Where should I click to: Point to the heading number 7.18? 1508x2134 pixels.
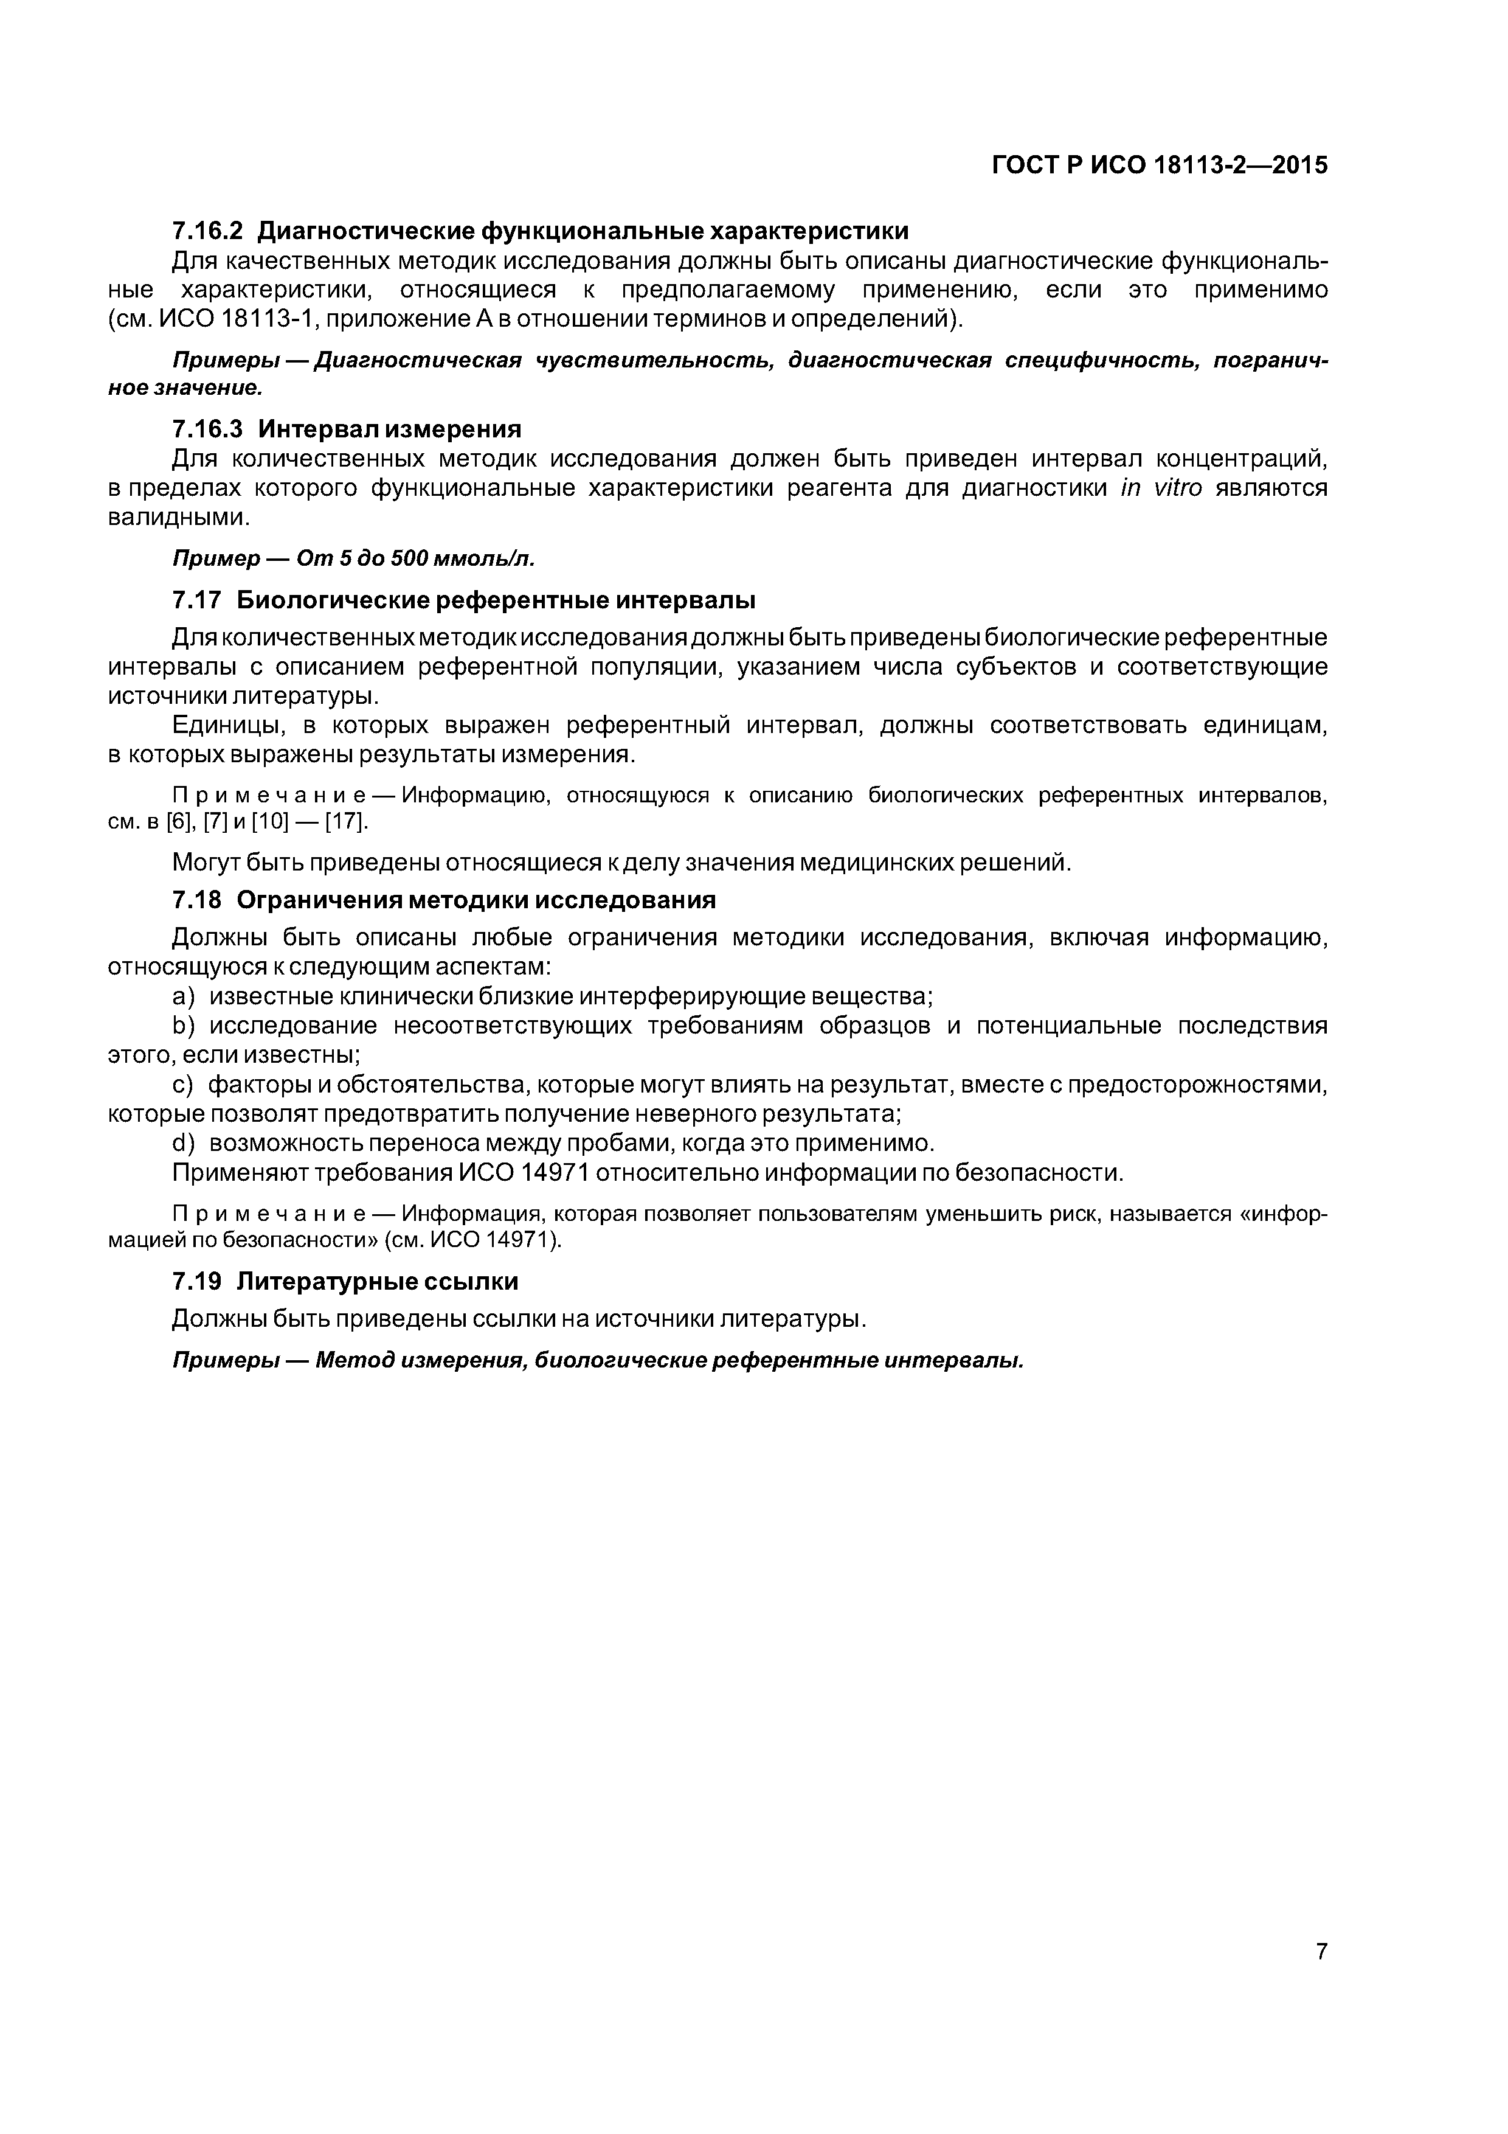(x=197, y=900)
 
